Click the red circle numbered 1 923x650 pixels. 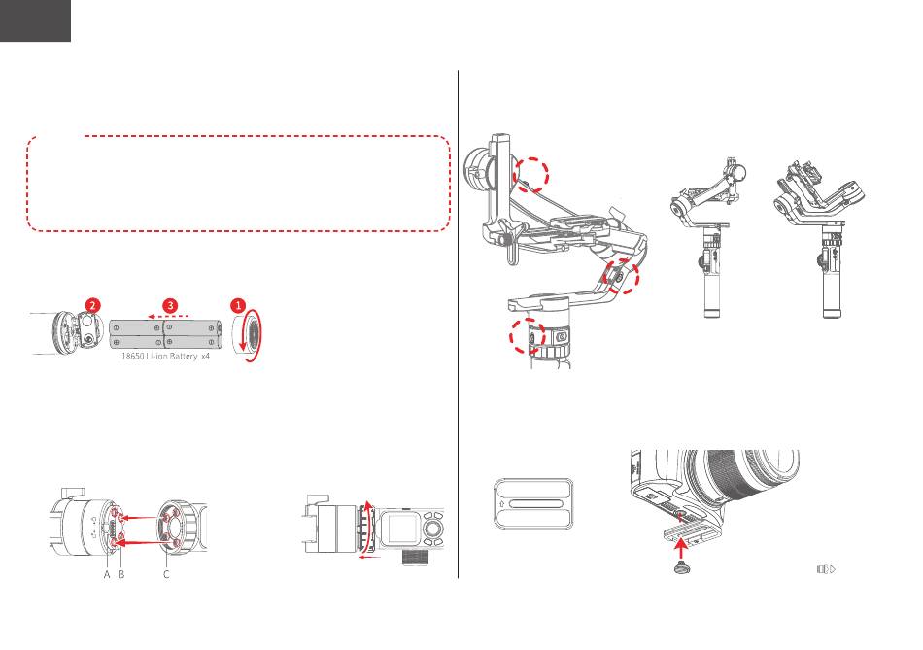tap(238, 306)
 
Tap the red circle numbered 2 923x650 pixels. tap(92, 306)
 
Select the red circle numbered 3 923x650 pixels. tap(170, 306)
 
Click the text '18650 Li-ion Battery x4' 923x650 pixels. tap(165, 357)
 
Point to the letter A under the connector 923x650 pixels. tap(107, 574)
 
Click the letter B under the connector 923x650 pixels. tap(121, 574)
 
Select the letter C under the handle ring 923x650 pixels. tap(166, 574)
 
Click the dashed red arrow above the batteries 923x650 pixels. tap(168, 316)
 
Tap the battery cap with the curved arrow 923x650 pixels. tap(248, 335)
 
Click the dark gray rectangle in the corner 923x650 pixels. tap(35, 20)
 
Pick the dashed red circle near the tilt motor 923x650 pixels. tap(531, 174)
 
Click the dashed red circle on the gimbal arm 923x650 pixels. tap(622, 276)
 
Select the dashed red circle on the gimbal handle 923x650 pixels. tap(528, 336)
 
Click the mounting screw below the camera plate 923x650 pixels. tap(681, 567)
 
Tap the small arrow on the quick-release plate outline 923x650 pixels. tap(501, 504)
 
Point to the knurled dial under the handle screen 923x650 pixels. tap(415, 558)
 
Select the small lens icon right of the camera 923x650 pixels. tap(827, 569)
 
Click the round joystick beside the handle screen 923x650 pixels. tap(432, 530)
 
